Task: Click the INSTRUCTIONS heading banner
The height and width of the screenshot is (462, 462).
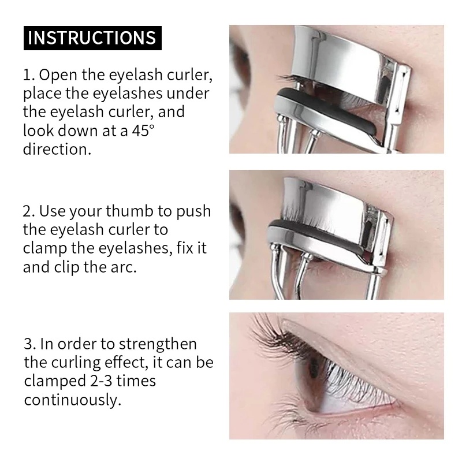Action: coord(92,38)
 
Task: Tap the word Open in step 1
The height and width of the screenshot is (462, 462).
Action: coord(59,76)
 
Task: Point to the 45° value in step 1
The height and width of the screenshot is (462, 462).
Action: coord(143,131)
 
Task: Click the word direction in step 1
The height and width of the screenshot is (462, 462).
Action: coord(57,149)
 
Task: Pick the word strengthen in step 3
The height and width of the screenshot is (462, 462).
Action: coord(158,344)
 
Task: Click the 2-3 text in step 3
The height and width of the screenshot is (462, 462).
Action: coord(102,381)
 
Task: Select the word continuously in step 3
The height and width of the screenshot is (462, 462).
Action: coord(73,400)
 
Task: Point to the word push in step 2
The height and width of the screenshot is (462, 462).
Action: coord(193,212)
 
